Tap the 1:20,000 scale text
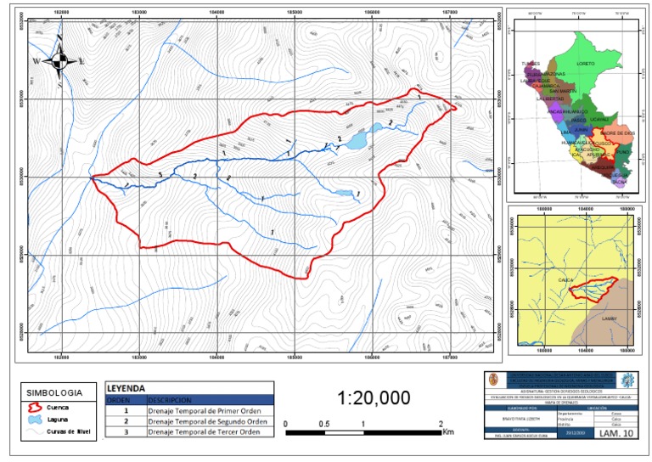pos(374,398)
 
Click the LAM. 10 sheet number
pos(615,435)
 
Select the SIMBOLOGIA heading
pos(55,393)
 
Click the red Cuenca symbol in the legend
pos(34,408)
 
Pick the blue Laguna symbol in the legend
pos(34,420)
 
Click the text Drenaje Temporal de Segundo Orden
pos(207,421)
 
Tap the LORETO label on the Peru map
pos(585,64)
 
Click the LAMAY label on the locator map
pos(609,318)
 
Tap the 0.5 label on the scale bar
pos(324,424)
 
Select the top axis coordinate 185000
pos(294,12)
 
